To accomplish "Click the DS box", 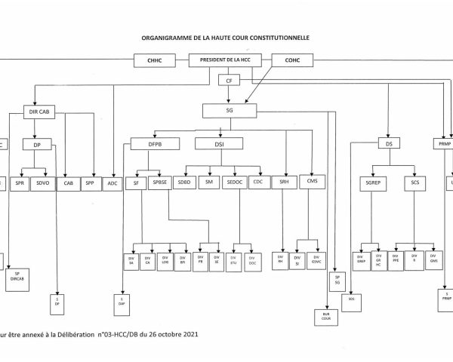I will point(389,143).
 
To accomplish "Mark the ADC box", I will point(112,183).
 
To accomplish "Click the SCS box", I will point(414,183).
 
